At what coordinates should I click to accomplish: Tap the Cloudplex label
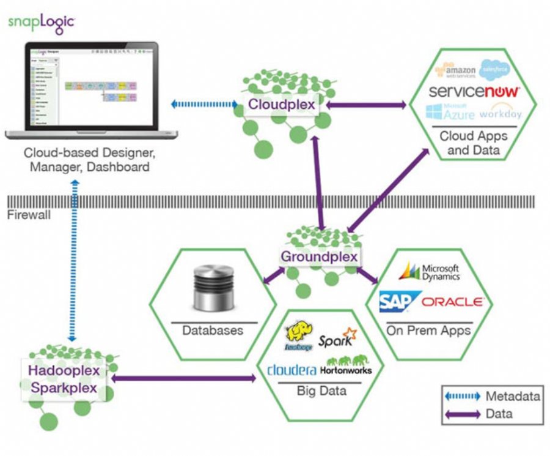pos(282,105)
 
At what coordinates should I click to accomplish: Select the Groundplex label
pos(319,256)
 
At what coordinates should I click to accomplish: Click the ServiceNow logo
pos(474,92)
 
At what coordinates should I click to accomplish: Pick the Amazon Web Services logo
pos(455,70)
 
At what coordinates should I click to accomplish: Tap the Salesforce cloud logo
pos(499,70)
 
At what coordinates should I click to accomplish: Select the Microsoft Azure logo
pos(451,112)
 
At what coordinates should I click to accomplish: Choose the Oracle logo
pos(453,302)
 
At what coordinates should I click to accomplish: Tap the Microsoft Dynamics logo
pos(430,271)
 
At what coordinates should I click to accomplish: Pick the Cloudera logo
pos(291,370)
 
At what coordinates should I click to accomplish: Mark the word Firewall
pos(29,215)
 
